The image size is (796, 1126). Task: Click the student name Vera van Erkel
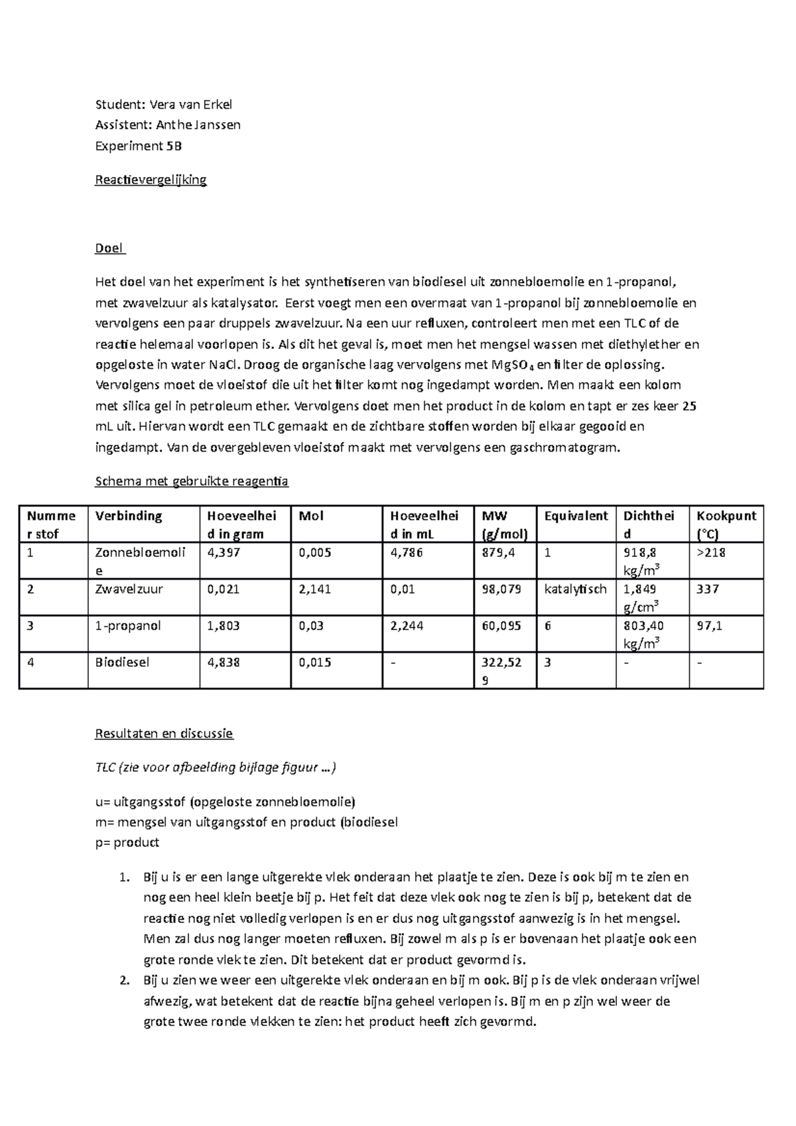(190, 104)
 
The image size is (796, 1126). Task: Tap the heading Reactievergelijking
(151, 180)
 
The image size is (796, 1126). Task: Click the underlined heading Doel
(109, 248)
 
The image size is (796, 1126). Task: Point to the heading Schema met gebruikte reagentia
(192, 481)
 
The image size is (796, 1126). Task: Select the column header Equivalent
(575, 516)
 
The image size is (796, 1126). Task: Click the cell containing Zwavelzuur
(119, 589)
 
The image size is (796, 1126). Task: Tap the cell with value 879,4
(498, 552)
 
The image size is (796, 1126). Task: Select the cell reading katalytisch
(575, 589)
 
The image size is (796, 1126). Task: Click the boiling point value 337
(708, 589)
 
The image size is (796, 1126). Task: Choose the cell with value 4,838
(224, 662)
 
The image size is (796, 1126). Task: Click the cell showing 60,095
(501, 625)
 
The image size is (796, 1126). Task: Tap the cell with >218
(710, 552)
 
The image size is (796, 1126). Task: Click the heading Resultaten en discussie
(164, 733)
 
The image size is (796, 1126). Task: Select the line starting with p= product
(127, 843)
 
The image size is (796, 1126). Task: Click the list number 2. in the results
(124, 980)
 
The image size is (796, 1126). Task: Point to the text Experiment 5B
(138, 146)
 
